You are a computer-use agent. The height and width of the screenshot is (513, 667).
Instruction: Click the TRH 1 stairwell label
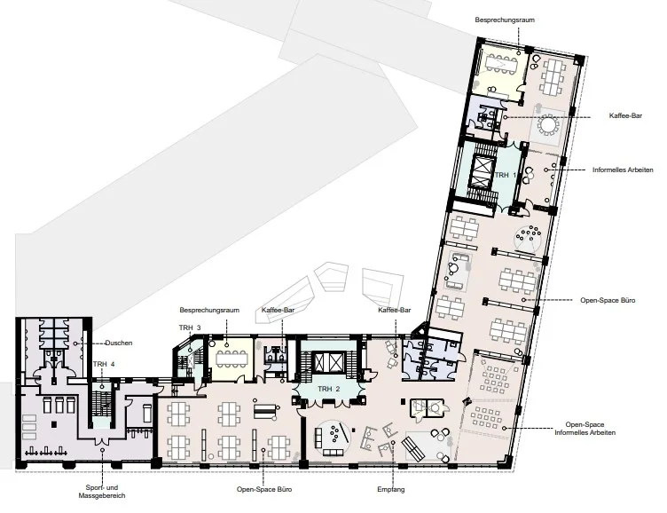tap(506, 175)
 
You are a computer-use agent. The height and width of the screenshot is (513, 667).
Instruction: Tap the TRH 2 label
tap(328, 389)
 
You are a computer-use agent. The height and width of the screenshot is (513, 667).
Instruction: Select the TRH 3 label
tap(190, 328)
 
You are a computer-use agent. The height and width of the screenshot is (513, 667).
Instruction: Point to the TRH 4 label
tap(104, 364)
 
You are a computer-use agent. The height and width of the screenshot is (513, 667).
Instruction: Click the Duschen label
tap(119, 343)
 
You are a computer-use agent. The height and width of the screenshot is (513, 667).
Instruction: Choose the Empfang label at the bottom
tap(391, 490)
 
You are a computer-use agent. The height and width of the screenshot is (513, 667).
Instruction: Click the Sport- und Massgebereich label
tap(102, 492)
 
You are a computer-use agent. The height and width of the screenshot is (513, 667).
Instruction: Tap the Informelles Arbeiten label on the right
tap(623, 170)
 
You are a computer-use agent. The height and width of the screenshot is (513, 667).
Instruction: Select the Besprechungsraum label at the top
tap(505, 20)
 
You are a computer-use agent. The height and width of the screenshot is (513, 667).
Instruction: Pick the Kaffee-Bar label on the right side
tap(625, 115)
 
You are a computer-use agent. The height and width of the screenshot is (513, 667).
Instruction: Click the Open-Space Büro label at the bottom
tap(264, 489)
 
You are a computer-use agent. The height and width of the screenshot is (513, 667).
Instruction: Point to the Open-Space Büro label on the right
tap(608, 300)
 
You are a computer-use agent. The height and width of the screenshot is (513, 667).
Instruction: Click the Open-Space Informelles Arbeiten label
tap(585, 429)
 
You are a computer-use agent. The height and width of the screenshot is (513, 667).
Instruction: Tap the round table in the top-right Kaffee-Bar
tap(547, 125)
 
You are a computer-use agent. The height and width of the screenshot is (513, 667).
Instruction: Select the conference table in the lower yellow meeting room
tap(231, 359)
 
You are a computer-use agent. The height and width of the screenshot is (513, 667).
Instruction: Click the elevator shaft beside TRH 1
tap(481, 172)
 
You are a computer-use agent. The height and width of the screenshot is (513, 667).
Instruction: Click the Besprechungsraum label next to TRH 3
tap(209, 310)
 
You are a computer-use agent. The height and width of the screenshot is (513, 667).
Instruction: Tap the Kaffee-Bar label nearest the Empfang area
tap(395, 310)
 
